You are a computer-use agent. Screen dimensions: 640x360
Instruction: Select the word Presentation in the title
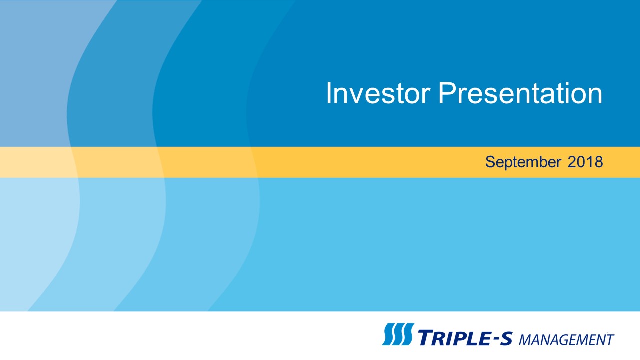coord(520,93)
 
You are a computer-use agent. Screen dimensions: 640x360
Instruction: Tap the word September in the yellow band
coord(523,162)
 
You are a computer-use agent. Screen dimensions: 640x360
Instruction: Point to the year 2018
coord(585,162)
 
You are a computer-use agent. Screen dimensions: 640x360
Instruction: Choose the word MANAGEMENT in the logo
coord(566,340)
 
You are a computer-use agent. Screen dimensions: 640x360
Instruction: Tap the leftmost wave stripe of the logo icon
coord(388,334)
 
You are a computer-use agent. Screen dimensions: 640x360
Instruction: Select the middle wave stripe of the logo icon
coord(398,334)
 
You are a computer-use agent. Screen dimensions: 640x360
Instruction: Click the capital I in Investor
coord(328,93)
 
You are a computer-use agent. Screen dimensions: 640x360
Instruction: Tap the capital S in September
coord(490,162)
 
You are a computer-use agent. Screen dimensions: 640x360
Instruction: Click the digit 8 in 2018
coord(599,162)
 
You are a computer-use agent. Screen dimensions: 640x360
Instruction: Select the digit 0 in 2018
coord(581,162)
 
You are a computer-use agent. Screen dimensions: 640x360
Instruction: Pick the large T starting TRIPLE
coord(425,337)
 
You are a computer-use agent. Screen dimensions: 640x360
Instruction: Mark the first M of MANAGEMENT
coord(525,340)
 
